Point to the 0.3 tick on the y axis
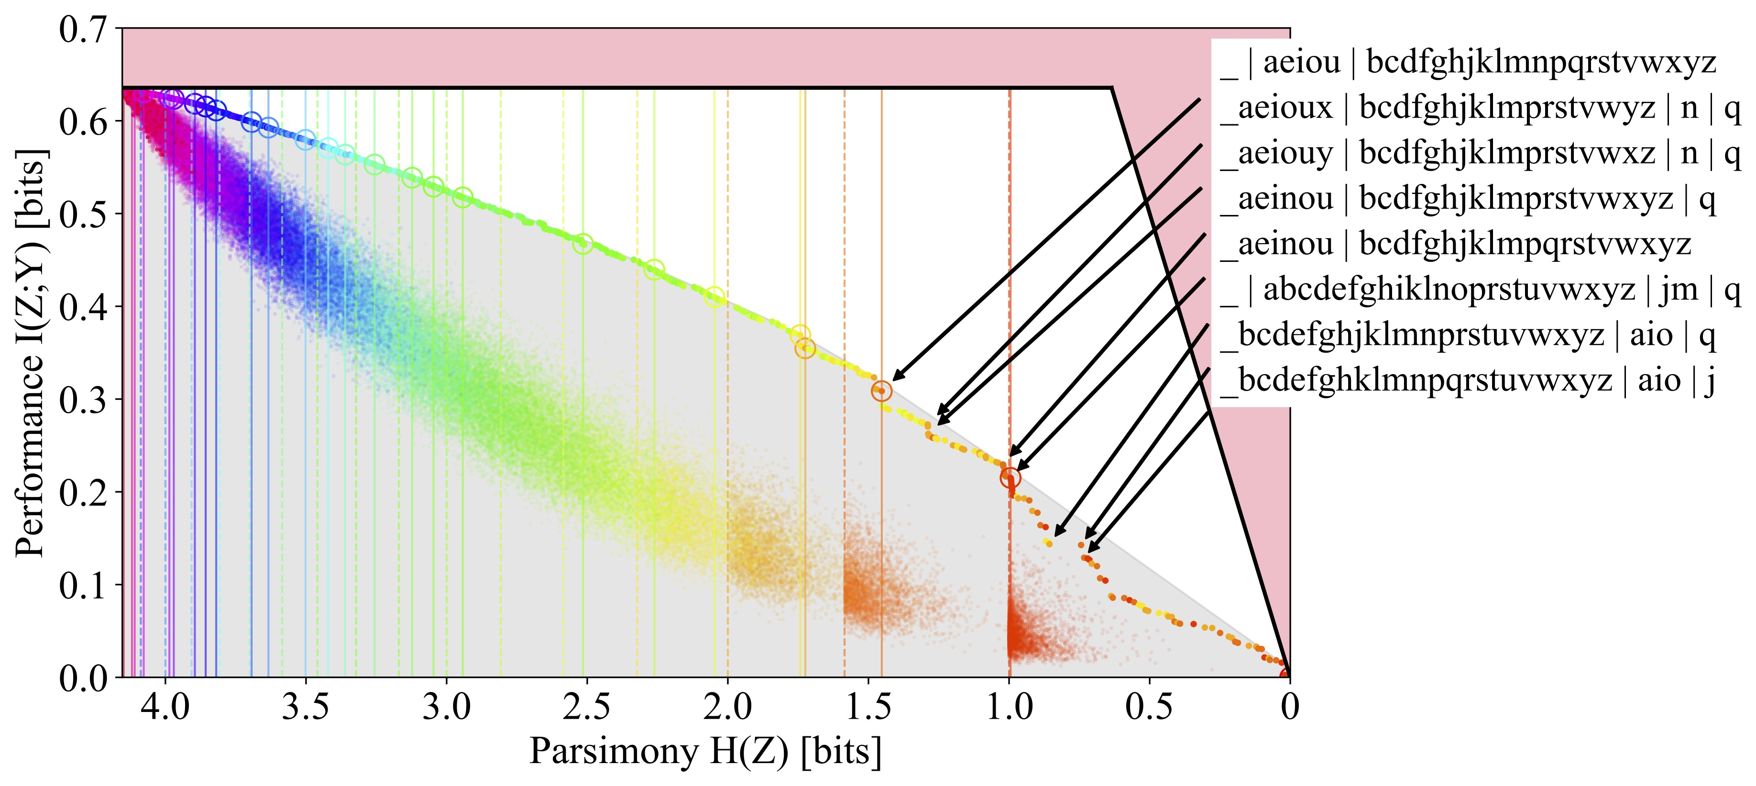click(83, 400)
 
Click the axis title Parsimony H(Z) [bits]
click(705, 751)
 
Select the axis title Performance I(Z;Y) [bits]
click(31, 352)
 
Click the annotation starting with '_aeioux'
click(1479, 108)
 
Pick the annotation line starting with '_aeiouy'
click(1479, 153)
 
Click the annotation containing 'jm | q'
click(1479, 290)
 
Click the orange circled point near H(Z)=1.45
click(881, 391)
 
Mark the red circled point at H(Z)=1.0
click(1010, 477)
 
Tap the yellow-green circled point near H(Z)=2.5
click(583, 244)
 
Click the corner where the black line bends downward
click(1112, 88)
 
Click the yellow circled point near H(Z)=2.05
click(713, 297)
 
